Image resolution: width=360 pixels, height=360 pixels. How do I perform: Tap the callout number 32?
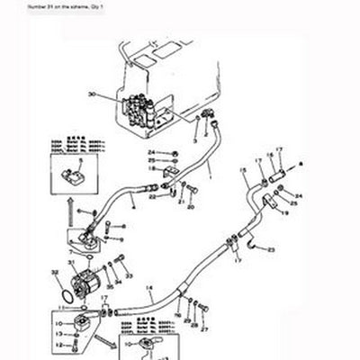pos(55,270)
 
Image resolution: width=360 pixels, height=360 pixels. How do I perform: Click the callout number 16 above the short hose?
pos(271,155)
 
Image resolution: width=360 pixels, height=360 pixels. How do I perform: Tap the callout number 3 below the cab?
pos(195,141)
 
